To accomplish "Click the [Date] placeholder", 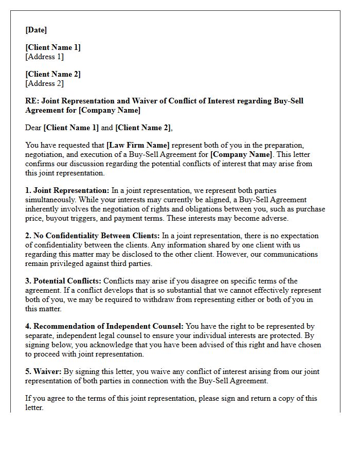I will [x=36, y=30].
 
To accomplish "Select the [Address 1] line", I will [x=45, y=57].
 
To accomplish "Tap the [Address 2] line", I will [x=45, y=83].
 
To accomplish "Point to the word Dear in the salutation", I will [x=33, y=128].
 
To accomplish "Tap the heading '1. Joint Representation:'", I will [x=67, y=190].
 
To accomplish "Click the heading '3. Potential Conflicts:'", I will [x=63, y=281].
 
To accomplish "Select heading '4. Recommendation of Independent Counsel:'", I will [x=104, y=326].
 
